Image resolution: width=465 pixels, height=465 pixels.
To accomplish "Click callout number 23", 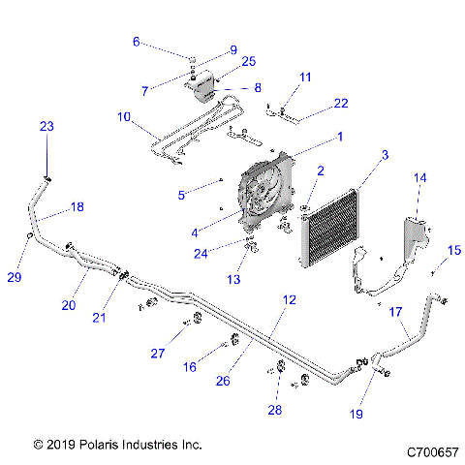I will tap(47, 127).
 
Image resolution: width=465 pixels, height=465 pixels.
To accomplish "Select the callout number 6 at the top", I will tap(136, 42).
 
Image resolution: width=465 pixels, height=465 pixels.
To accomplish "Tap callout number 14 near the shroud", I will tap(420, 178).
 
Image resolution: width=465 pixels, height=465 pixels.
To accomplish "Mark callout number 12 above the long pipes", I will tap(288, 301).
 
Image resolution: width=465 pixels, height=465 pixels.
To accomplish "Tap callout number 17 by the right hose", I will tap(394, 312).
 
